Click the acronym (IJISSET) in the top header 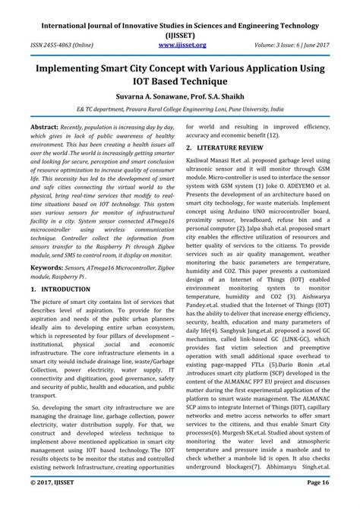pos(180,33)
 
